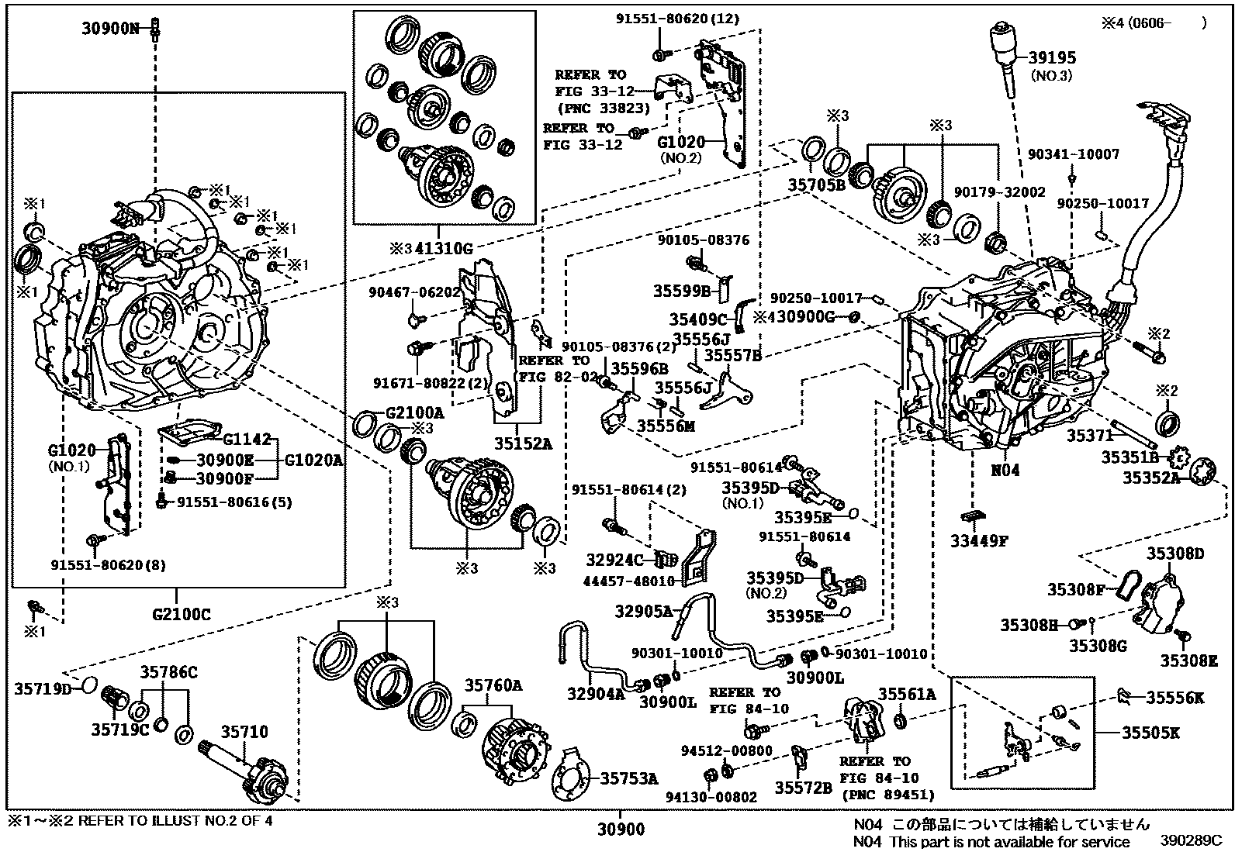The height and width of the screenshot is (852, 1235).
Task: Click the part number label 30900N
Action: [x=111, y=29]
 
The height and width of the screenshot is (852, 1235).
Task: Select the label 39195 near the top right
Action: [x=1052, y=58]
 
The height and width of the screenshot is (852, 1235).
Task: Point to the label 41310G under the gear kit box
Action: [x=442, y=248]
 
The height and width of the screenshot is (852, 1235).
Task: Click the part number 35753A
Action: [x=631, y=779]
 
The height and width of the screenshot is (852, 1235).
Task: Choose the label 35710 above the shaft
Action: [x=244, y=731]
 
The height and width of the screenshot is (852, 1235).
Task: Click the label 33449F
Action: [x=979, y=541]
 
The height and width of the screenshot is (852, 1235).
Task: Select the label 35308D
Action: [x=1175, y=553]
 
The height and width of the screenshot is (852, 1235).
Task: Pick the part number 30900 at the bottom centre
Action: [x=621, y=831]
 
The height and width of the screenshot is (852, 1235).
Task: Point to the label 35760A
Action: [x=493, y=685]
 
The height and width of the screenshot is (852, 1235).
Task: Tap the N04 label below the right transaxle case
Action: [x=1005, y=471]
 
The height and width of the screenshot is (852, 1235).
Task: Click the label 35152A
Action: [x=524, y=444]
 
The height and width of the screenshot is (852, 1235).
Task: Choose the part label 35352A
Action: [x=1151, y=478]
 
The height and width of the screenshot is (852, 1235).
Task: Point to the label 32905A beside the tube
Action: [x=644, y=611]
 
